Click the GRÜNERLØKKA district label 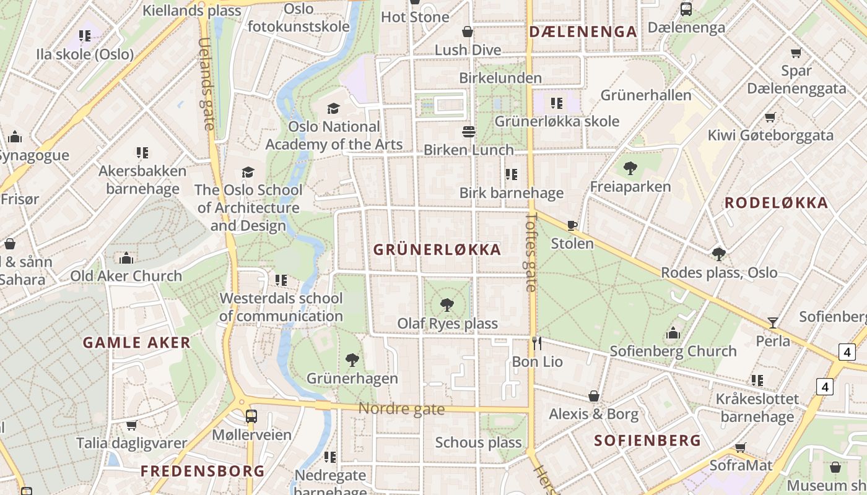(437, 250)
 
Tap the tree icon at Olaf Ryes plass (447, 304)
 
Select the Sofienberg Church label (673, 351)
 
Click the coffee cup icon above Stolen (572, 225)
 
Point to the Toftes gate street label (531, 252)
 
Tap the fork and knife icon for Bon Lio (537, 343)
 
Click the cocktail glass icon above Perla (773, 322)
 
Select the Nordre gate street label (401, 409)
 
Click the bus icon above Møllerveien (251, 416)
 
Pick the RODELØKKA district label (776, 203)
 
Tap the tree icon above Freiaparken (630, 168)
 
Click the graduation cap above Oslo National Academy (334, 108)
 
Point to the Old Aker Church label (126, 276)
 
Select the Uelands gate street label (206, 84)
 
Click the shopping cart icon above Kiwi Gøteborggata (770, 117)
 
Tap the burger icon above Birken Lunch (469, 131)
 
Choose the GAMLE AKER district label (137, 343)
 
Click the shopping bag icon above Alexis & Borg (594, 395)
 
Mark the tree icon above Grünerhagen (352, 359)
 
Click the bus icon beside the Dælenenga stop (686, 9)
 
